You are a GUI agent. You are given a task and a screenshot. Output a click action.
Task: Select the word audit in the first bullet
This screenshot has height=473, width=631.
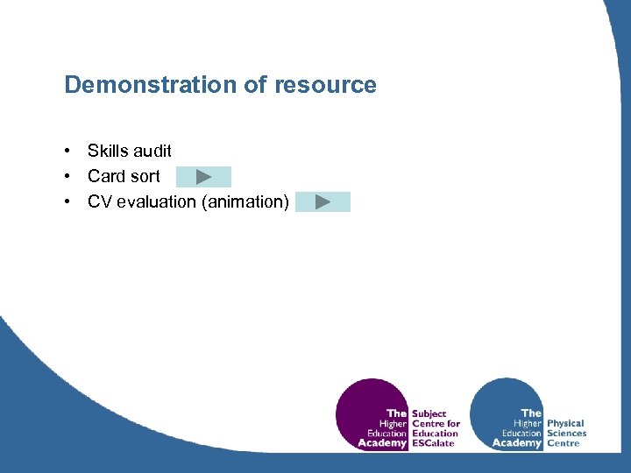pyautogui.click(x=153, y=152)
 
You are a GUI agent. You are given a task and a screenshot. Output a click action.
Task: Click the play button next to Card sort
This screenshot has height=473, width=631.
pyautogui.click(x=203, y=177)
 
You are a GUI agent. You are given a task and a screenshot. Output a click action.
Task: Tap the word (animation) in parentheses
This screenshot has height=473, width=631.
pyautogui.click(x=245, y=201)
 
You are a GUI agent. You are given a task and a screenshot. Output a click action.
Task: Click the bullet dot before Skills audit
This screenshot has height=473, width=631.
pyautogui.click(x=67, y=152)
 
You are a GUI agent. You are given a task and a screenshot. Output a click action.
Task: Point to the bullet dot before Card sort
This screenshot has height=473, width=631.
pyautogui.click(x=67, y=176)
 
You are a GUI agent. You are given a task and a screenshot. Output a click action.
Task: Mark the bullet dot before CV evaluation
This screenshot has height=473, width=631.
pyautogui.click(x=67, y=201)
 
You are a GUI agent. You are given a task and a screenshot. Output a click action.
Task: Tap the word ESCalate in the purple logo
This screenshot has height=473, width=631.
pyautogui.click(x=434, y=443)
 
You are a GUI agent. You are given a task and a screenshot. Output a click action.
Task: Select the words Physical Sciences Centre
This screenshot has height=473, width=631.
pyautogui.click(x=565, y=433)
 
